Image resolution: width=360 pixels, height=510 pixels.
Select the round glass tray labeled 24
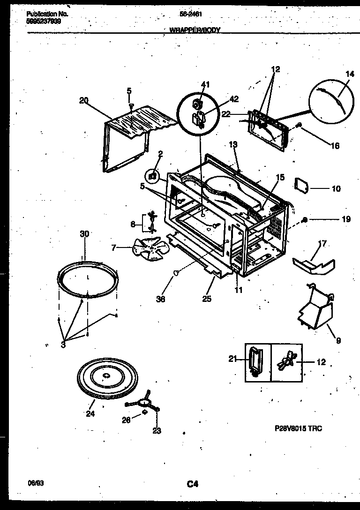(x=105, y=378)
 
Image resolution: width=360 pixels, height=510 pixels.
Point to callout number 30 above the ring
(x=84, y=234)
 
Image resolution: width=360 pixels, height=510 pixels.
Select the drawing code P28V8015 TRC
(x=298, y=428)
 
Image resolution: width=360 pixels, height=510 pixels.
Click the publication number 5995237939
(x=43, y=21)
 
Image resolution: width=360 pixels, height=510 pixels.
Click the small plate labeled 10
(x=300, y=186)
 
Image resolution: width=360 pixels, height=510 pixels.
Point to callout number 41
(x=205, y=84)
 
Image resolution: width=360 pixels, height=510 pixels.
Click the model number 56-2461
(x=191, y=14)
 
